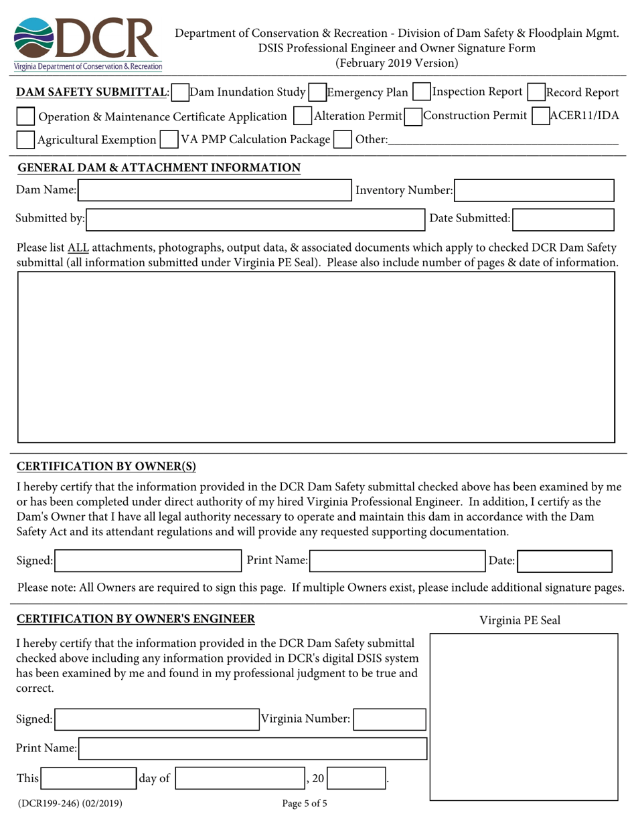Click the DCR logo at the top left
click(x=87, y=43)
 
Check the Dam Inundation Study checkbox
click(x=179, y=92)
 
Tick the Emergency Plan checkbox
click(x=317, y=92)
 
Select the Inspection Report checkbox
click(x=422, y=92)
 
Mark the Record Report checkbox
click(x=536, y=92)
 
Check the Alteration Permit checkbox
click(x=303, y=116)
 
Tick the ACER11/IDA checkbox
click(x=540, y=116)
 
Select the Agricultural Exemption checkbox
click(x=25, y=140)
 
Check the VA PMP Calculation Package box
click(x=169, y=140)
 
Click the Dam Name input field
click(x=214, y=191)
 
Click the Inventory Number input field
click(x=534, y=191)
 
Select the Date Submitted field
click(x=563, y=219)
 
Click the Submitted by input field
click(x=254, y=219)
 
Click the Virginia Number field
click(x=389, y=719)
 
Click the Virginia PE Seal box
click(x=524, y=716)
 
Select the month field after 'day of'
click(x=240, y=778)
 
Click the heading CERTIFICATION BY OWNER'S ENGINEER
click(x=135, y=619)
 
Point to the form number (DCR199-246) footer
click(x=70, y=804)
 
